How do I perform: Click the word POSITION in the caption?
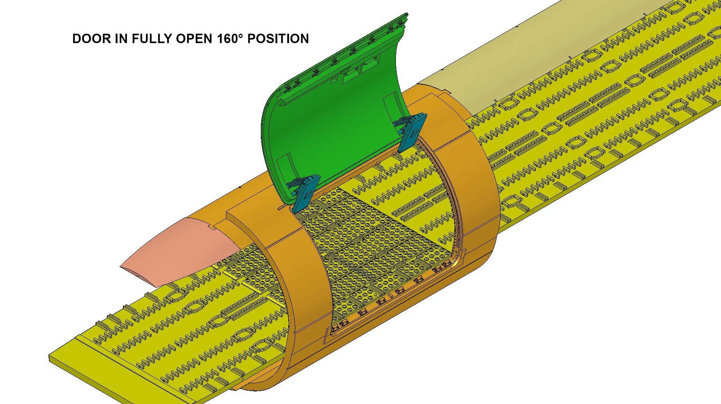coord(278,38)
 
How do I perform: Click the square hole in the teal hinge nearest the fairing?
coord(309,194)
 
